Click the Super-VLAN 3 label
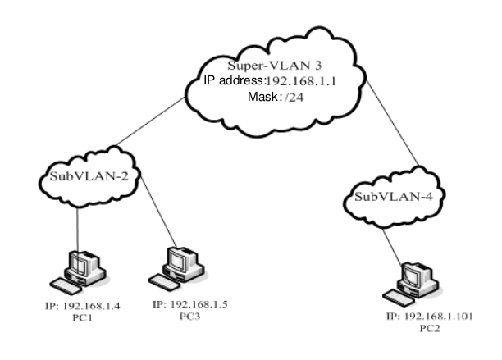tap(274, 66)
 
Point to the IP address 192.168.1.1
tap(301, 81)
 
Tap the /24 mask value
tap(294, 97)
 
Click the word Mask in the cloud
tap(262, 96)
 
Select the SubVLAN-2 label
tap(89, 176)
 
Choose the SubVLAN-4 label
tap(394, 197)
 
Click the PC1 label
tap(82, 317)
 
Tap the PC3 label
tap(189, 317)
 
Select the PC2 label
tap(430, 328)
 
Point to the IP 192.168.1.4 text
tap(83, 306)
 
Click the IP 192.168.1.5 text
tap(190, 304)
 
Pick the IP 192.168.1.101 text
tap(429, 317)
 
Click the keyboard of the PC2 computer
tap(399, 298)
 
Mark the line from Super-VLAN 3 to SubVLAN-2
tap(150, 121)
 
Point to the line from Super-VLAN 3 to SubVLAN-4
tap(392, 122)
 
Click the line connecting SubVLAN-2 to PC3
tap(158, 212)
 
